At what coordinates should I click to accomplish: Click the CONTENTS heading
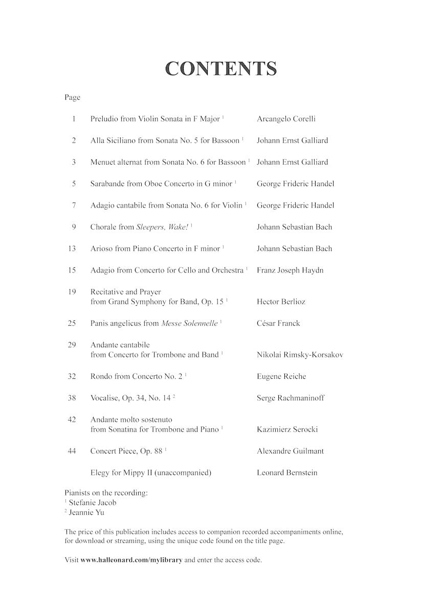click(x=221, y=69)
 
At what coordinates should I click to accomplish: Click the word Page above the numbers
click(x=72, y=97)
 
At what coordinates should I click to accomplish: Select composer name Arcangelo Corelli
click(x=286, y=119)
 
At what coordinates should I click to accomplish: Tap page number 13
click(x=72, y=248)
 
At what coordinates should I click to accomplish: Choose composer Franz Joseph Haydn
click(x=290, y=270)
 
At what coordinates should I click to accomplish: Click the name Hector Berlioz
click(x=281, y=302)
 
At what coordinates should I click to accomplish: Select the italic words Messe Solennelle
click(x=189, y=324)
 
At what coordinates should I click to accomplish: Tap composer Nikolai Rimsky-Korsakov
click(x=300, y=355)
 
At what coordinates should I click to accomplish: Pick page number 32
click(x=72, y=376)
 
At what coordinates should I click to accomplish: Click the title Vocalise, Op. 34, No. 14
click(x=131, y=398)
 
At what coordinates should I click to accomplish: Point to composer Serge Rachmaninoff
click(x=291, y=398)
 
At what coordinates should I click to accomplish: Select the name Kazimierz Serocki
click(x=287, y=429)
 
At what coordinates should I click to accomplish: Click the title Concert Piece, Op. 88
click(x=126, y=451)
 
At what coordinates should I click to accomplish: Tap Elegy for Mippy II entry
click(x=150, y=473)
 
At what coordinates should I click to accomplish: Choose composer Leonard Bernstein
click(x=287, y=473)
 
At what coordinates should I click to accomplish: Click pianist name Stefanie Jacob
click(x=93, y=503)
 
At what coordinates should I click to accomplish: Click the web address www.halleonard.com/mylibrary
click(x=131, y=560)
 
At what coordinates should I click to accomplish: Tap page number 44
click(x=72, y=451)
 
